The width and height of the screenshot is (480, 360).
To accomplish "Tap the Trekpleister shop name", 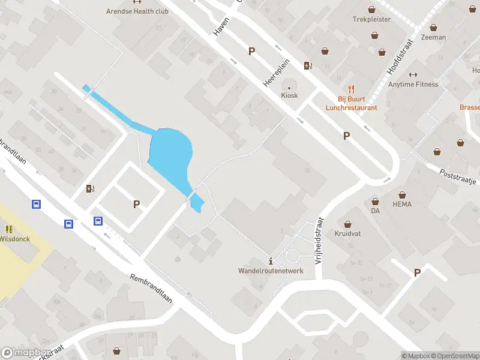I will [371, 19].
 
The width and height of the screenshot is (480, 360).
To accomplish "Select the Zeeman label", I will [433, 37].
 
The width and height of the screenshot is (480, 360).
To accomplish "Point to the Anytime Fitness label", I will [413, 84].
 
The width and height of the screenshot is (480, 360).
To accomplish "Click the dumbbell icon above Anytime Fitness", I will [413, 74].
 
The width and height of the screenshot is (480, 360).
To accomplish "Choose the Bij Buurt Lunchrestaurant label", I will [352, 104].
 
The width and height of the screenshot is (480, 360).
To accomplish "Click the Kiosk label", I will [289, 95].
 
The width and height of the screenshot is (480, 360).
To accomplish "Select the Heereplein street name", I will [277, 75].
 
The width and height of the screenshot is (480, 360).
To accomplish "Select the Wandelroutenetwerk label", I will [271, 271].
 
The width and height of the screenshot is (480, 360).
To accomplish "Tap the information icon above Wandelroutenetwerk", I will [271, 261].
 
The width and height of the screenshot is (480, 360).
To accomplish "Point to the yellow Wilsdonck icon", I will [9, 229].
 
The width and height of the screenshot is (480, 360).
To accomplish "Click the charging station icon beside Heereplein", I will [308, 66].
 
